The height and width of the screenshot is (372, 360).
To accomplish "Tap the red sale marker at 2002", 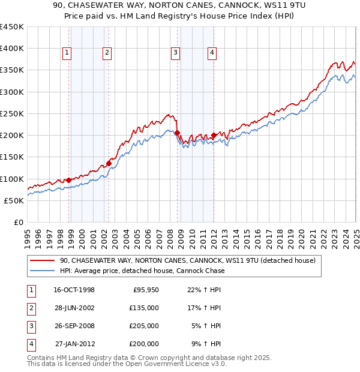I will (x=109, y=163).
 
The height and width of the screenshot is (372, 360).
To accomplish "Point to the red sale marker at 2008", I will (x=178, y=133).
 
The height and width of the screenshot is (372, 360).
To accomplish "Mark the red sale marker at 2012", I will (x=214, y=135).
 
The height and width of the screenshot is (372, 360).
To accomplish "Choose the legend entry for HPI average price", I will (x=142, y=271).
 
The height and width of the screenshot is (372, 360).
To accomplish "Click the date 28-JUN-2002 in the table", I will (x=74, y=308).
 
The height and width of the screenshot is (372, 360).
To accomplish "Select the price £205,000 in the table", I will (x=144, y=326).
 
